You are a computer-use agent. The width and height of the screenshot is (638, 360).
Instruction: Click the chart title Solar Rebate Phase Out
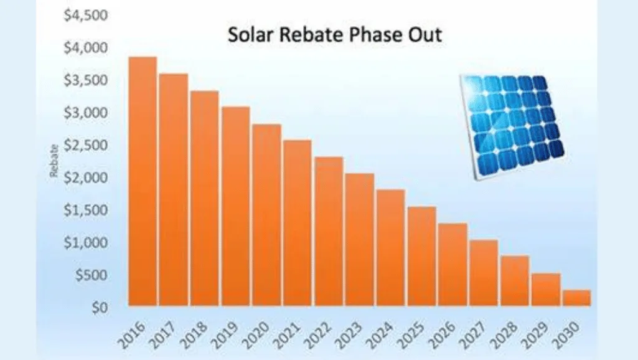click(335, 35)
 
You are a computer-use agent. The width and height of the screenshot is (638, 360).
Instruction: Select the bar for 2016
click(143, 181)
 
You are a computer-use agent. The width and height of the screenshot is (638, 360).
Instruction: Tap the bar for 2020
click(267, 215)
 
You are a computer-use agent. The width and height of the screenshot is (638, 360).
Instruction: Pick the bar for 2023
click(360, 239)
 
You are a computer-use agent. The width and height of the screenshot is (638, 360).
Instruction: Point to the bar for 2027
click(484, 272)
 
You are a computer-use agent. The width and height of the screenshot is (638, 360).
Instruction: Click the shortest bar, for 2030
click(576, 298)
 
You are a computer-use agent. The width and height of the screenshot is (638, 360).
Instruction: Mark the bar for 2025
click(421, 256)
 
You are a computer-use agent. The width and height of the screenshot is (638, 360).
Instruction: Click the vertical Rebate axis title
click(55, 160)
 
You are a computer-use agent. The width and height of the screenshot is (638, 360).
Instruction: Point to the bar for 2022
click(329, 231)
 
